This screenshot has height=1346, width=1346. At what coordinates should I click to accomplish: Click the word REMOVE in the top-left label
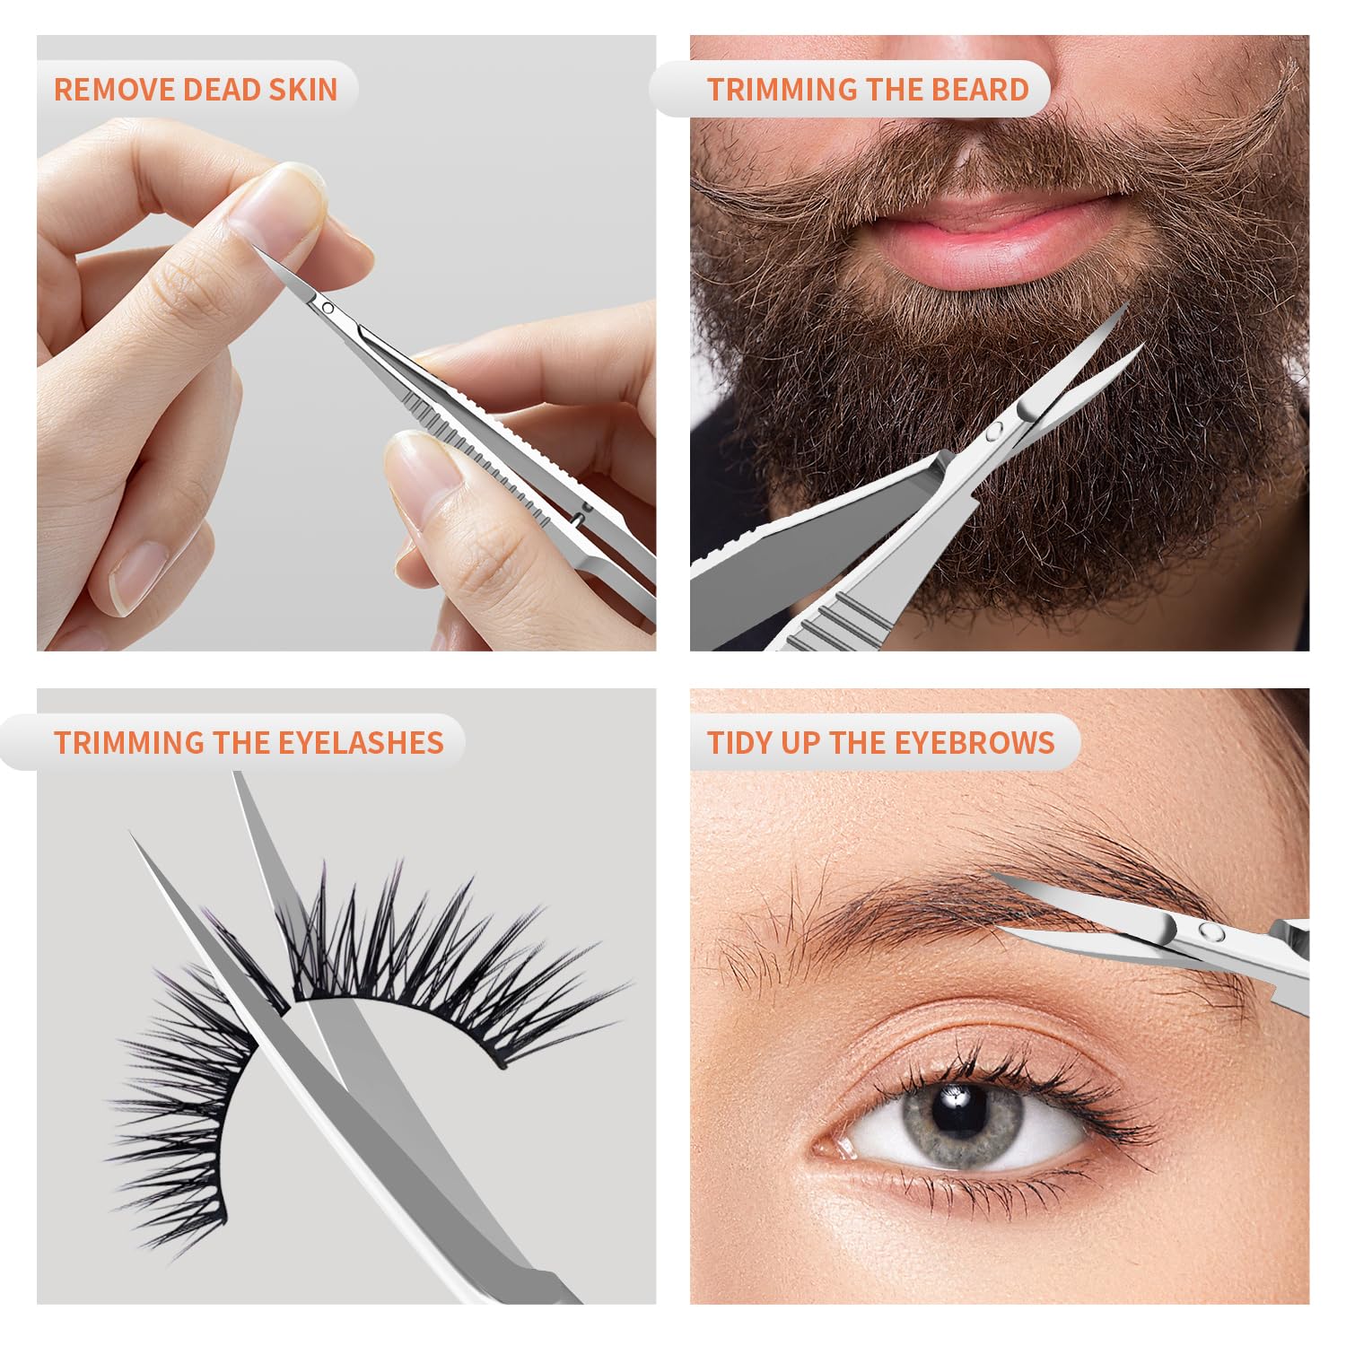[114, 89]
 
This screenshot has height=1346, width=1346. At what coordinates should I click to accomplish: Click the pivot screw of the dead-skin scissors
[328, 308]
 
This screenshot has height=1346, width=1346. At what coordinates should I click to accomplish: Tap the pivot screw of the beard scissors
[993, 433]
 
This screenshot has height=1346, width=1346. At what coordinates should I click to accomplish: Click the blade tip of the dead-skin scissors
[263, 250]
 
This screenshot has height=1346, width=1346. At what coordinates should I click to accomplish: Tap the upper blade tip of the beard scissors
[1125, 307]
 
